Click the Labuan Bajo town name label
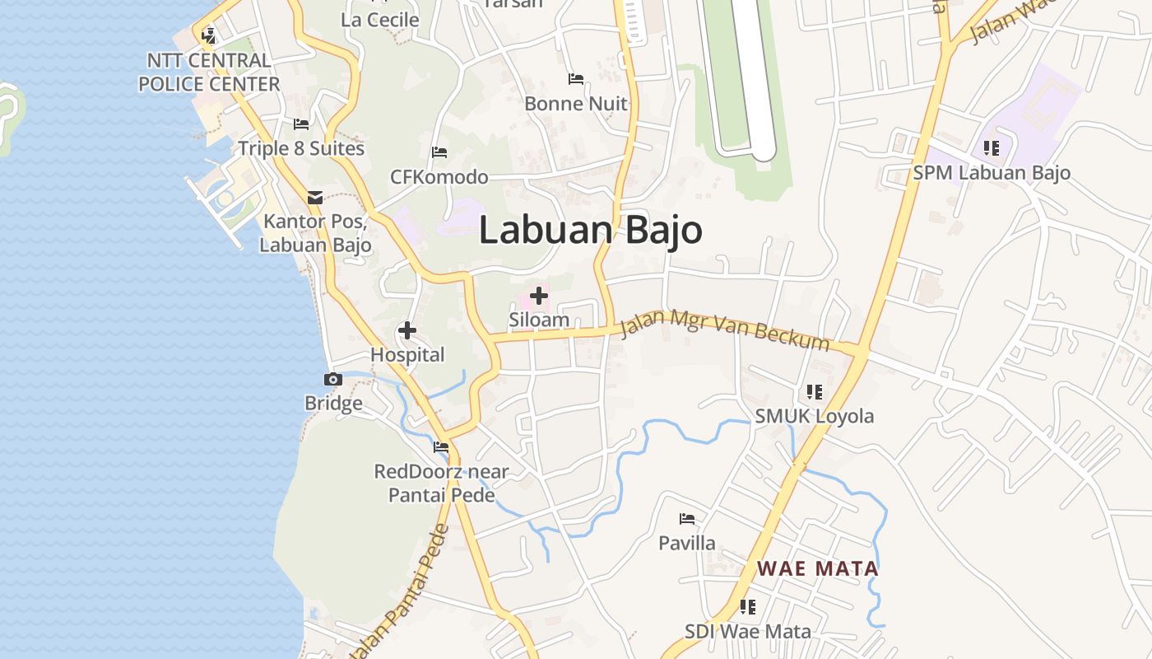click(590, 230)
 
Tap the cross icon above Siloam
click(539, 295)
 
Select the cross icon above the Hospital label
click(406, 331)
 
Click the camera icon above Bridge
click(333, 380)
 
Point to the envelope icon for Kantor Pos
click(315, 198)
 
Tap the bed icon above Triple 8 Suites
click(301, 124)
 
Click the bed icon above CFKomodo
click(439, 152)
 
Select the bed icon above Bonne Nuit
click(576, 79)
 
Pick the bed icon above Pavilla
click(687, 519)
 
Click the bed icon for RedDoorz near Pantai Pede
click(441, 447)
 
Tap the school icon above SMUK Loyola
click(815, 391)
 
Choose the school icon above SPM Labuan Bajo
click(992, 148)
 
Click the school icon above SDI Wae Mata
click(748, 607)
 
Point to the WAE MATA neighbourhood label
click(818, 568)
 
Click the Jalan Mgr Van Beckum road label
click(724, 329)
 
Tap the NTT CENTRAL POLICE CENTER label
click(209, 72)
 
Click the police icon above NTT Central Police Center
click(209, 35)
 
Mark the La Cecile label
click(379, 20)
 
